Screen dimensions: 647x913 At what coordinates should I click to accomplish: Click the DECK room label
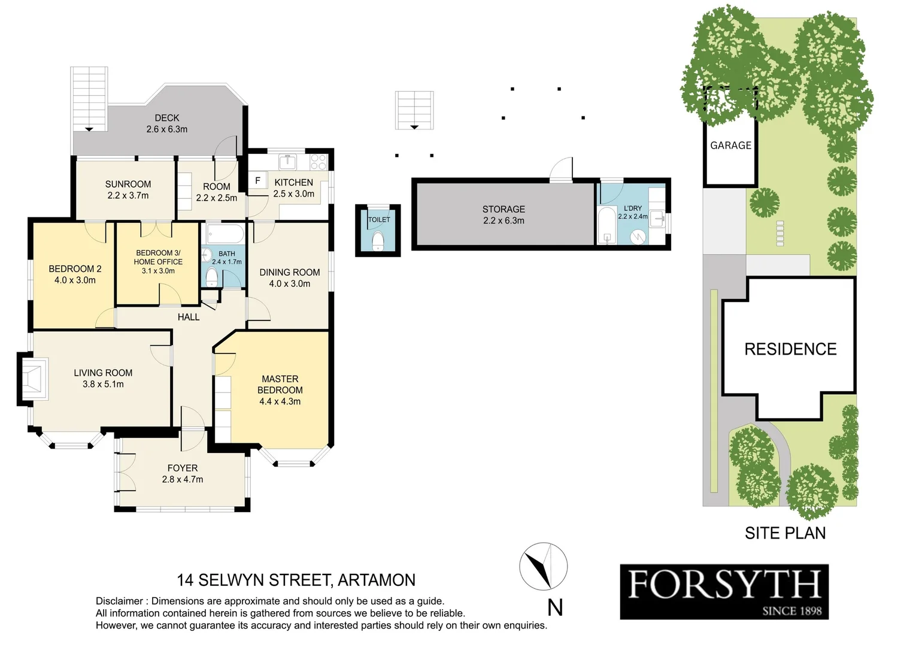coord(166,118)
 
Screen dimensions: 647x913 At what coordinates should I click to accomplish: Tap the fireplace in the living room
coord(34,379)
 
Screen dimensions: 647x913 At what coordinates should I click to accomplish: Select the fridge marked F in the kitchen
coord(258,180)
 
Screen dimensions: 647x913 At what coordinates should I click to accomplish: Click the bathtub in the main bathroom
coord(225,233)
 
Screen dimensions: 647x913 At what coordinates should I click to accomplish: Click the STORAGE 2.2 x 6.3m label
coord(503,214)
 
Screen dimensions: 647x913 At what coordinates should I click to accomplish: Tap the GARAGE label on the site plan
coord(730,146)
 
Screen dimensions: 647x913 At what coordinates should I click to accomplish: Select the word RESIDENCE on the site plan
coord(790,349)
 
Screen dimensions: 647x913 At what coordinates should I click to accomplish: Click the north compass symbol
coord(543,566)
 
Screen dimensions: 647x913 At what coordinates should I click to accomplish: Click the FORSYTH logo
coord(724,591)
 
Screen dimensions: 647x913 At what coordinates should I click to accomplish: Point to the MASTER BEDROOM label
coord(280,384)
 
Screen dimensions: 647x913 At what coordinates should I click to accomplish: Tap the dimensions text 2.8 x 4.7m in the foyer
coord(182,479)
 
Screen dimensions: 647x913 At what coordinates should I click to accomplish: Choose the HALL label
coord(189,317)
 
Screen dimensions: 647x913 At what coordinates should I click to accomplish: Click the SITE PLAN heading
coord(785,533)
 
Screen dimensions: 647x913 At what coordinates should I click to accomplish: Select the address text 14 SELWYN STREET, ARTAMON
coord(296,580)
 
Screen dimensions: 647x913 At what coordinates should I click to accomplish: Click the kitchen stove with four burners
coord(318,162)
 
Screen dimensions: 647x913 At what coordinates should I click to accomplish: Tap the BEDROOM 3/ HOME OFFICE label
coord(158,257)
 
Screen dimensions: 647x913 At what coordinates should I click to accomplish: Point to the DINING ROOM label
coord(289,272)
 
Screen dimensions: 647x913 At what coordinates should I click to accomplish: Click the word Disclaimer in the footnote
coord(119,601)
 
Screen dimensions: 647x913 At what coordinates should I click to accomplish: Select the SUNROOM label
coord(128,184)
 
